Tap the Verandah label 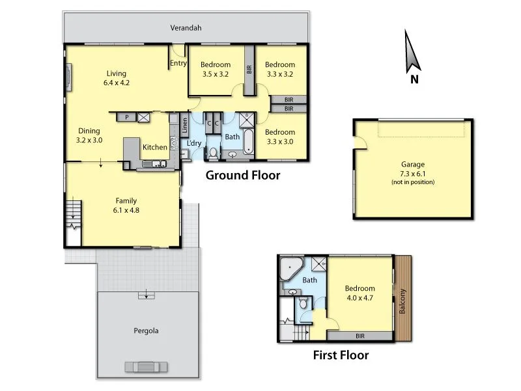point(186,28)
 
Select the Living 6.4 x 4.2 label point(117,78)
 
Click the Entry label point(178,64)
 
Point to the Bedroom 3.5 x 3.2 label point(216,69)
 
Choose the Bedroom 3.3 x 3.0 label point(280,137)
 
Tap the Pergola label point(146,330)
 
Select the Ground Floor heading point(243,175)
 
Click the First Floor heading point(341,355)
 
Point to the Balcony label point(403,302)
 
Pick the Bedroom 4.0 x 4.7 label point(360,293)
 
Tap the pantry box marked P point(126,117)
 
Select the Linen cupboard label point(185,123)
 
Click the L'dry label point(194,143)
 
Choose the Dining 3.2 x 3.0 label point(89,135)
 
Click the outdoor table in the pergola point(146,366)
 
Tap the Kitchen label point(155,147)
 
